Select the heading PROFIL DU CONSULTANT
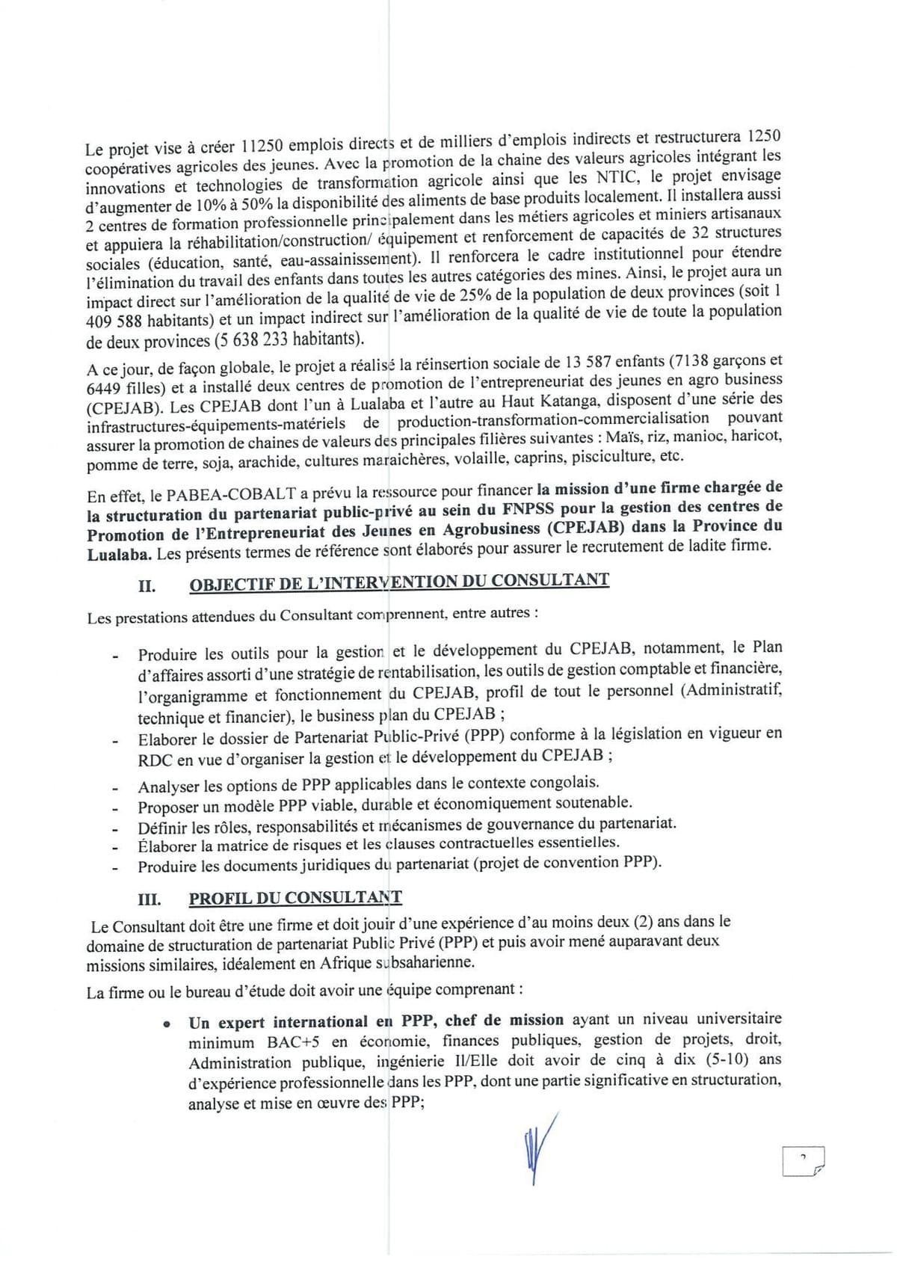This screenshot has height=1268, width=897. (295, 899)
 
